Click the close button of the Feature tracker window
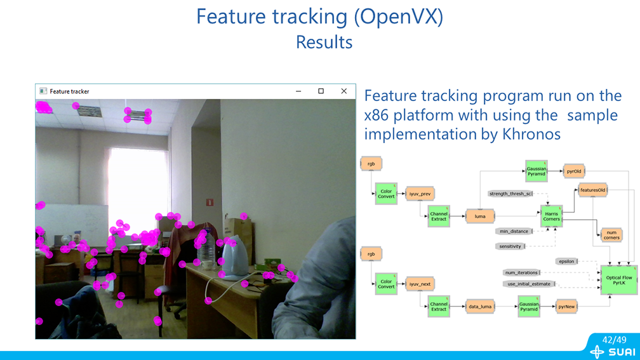(x=343, y=91)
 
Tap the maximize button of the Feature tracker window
(x=321, y=91)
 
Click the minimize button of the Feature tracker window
(x=298, y=91)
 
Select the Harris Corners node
(x=551, y=216)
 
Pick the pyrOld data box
(x=574, y=171)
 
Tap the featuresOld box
(x=593, y=190)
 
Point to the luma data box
(x=480, y=217)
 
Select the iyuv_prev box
(x=420, y=194)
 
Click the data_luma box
(x=480, y=306)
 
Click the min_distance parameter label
(x=514, y=231)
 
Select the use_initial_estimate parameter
(x=529, y=284)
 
